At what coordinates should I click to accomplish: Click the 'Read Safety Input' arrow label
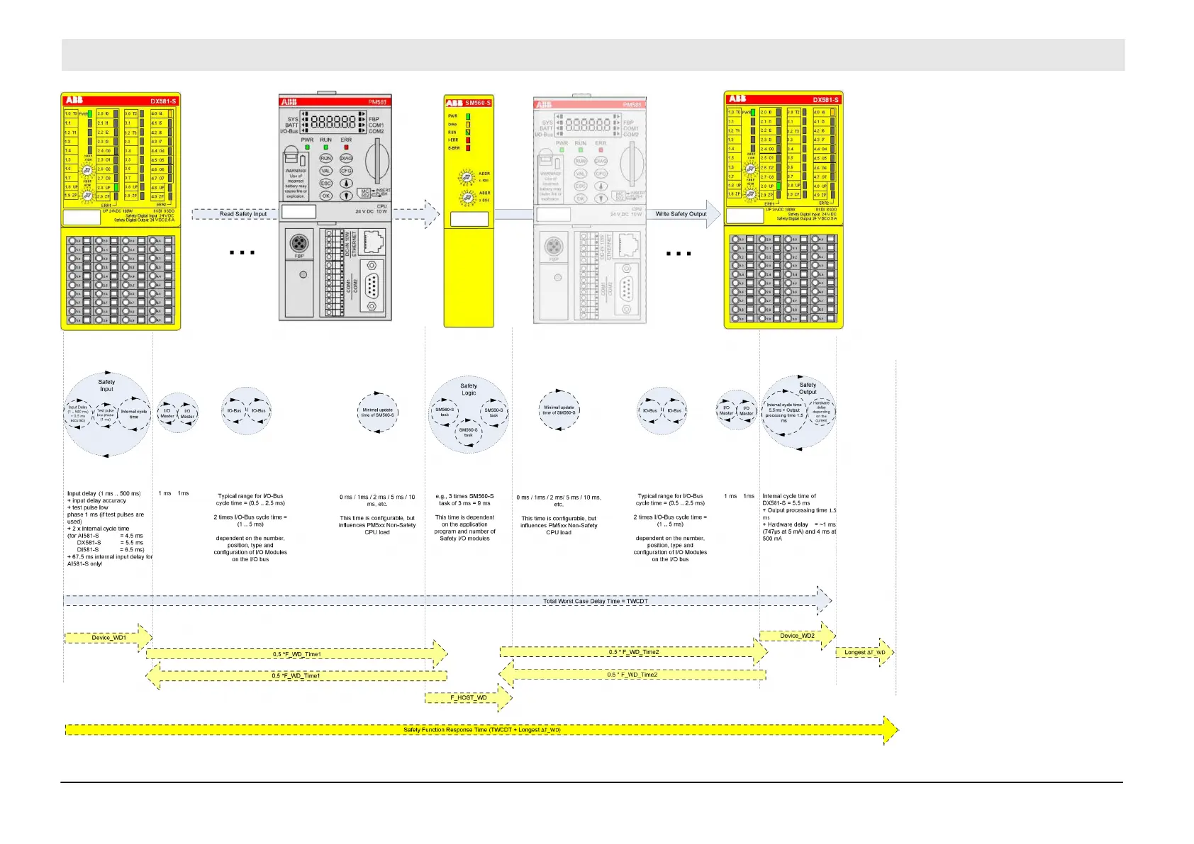pyautogui.click(x=243, y=214)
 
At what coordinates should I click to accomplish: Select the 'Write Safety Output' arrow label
pyautogui.click(x=681, y=214)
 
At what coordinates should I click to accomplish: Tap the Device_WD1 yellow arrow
pyautogui.click(x=108, y=638)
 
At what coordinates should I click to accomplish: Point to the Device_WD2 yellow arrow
pyautogui.click(x=797, y=636)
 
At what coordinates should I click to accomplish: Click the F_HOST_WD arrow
pyautogui.click(x=469, y=698)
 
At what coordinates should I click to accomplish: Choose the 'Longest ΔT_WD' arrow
pyautogui.click(x=864, y=653)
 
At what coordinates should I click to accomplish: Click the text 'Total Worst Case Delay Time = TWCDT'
pyautogui.click(x=596, y=601)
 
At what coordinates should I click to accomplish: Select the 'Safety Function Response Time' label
pyautogui.click(x=482, y=730)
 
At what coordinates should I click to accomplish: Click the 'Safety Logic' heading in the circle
pyautogui.click(x=469, y=389)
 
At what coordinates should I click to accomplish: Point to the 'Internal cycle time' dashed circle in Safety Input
pyautogui.click(x=133, y=414)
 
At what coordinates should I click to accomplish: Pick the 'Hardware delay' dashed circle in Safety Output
pyautogui.click(x=821, y=412)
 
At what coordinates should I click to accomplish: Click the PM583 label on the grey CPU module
pyautogui.click(x=376, y=102)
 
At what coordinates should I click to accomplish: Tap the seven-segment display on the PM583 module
pyautogui.click(x=333, y=121)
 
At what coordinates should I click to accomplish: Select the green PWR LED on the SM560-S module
pyautogui.click(x=468, y=116)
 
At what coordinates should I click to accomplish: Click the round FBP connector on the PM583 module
pyautogui.click(x=299, y=244)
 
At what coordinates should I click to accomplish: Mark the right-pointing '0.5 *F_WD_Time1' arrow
pyautogui.click(x=296, y=654)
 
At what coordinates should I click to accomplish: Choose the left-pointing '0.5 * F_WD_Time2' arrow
pyautogui.click(x=632, y=675)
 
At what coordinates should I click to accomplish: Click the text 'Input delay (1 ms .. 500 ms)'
pyautogui.click(x=104, y=493)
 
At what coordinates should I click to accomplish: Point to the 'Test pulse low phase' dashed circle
pyautogui.click(x=105, y=415)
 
